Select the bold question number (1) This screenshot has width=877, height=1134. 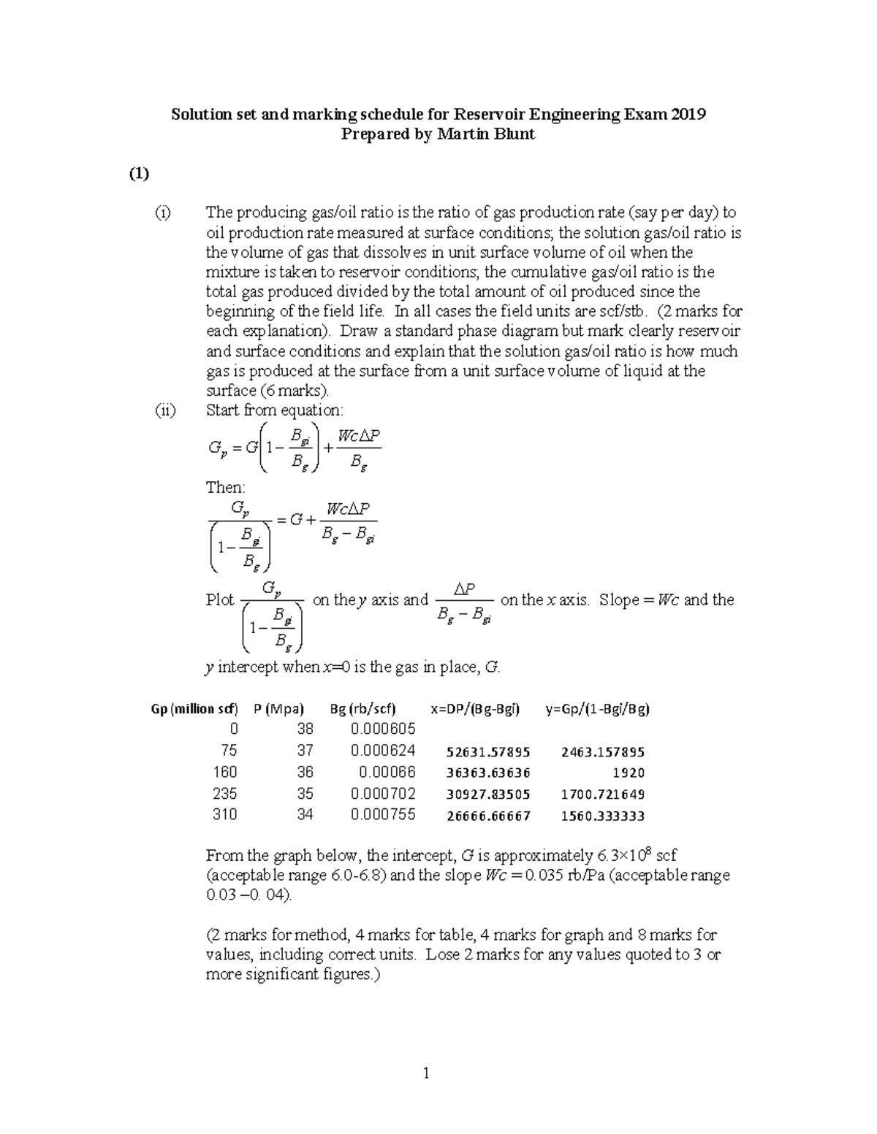click(x=139, y=173)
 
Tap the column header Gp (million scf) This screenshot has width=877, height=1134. click(x=194, y=708)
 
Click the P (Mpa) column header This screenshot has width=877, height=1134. click(x=278, y=708)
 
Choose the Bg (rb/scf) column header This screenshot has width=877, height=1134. click(x=362, y=708)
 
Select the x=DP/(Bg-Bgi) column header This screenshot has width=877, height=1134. click(x=475, y=708)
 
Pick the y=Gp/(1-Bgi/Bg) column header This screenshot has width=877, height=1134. click(x=597, y=708)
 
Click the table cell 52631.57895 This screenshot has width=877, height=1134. click(x=488, y=752)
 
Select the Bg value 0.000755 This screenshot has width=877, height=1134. click(x=383, y=815)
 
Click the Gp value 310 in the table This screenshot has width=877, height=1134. click(x=224, y=815)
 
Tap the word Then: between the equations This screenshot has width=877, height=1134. click(x=226, y=487)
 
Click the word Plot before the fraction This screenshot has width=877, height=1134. click(x=220, y=600)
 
